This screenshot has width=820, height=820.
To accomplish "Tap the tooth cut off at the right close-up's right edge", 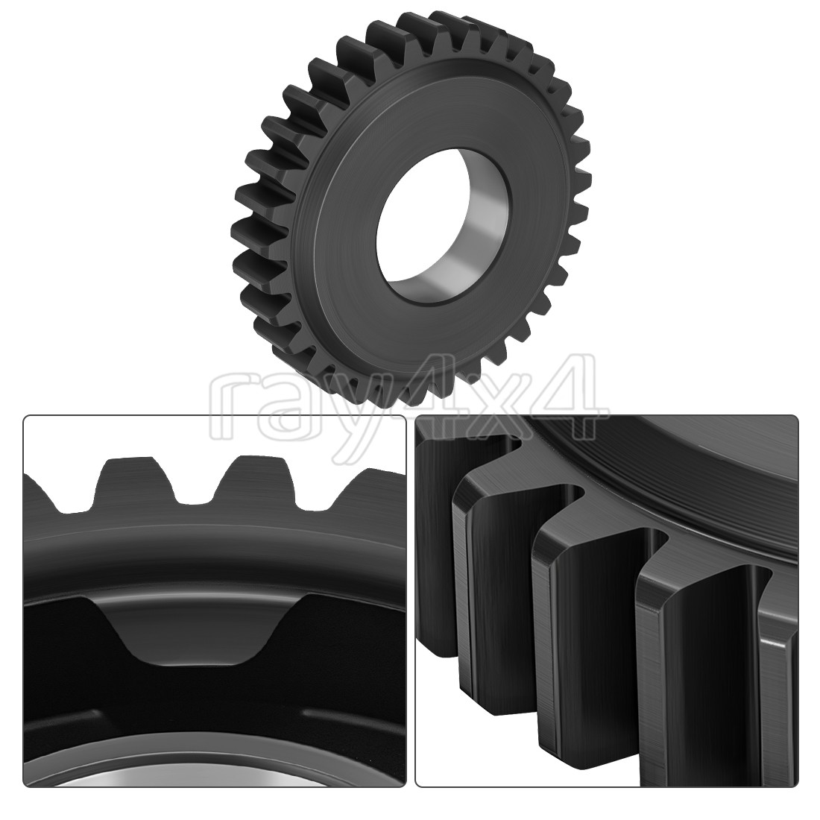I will pos(779,671).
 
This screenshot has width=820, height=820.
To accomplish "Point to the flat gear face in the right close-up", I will pos(671,477).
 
